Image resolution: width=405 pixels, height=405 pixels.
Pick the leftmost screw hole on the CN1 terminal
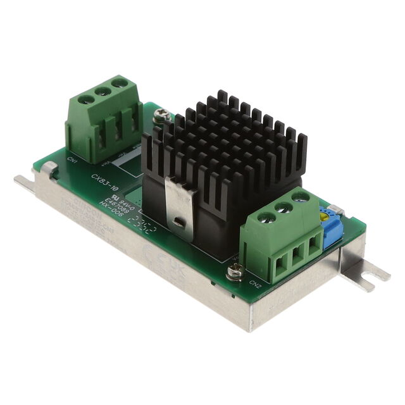coord(84,99)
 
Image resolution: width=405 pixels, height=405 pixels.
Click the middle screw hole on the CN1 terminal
coord(100,90)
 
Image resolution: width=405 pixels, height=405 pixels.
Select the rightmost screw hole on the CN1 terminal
coord(117,82)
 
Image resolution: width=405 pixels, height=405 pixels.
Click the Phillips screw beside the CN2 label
coord(234,273)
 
